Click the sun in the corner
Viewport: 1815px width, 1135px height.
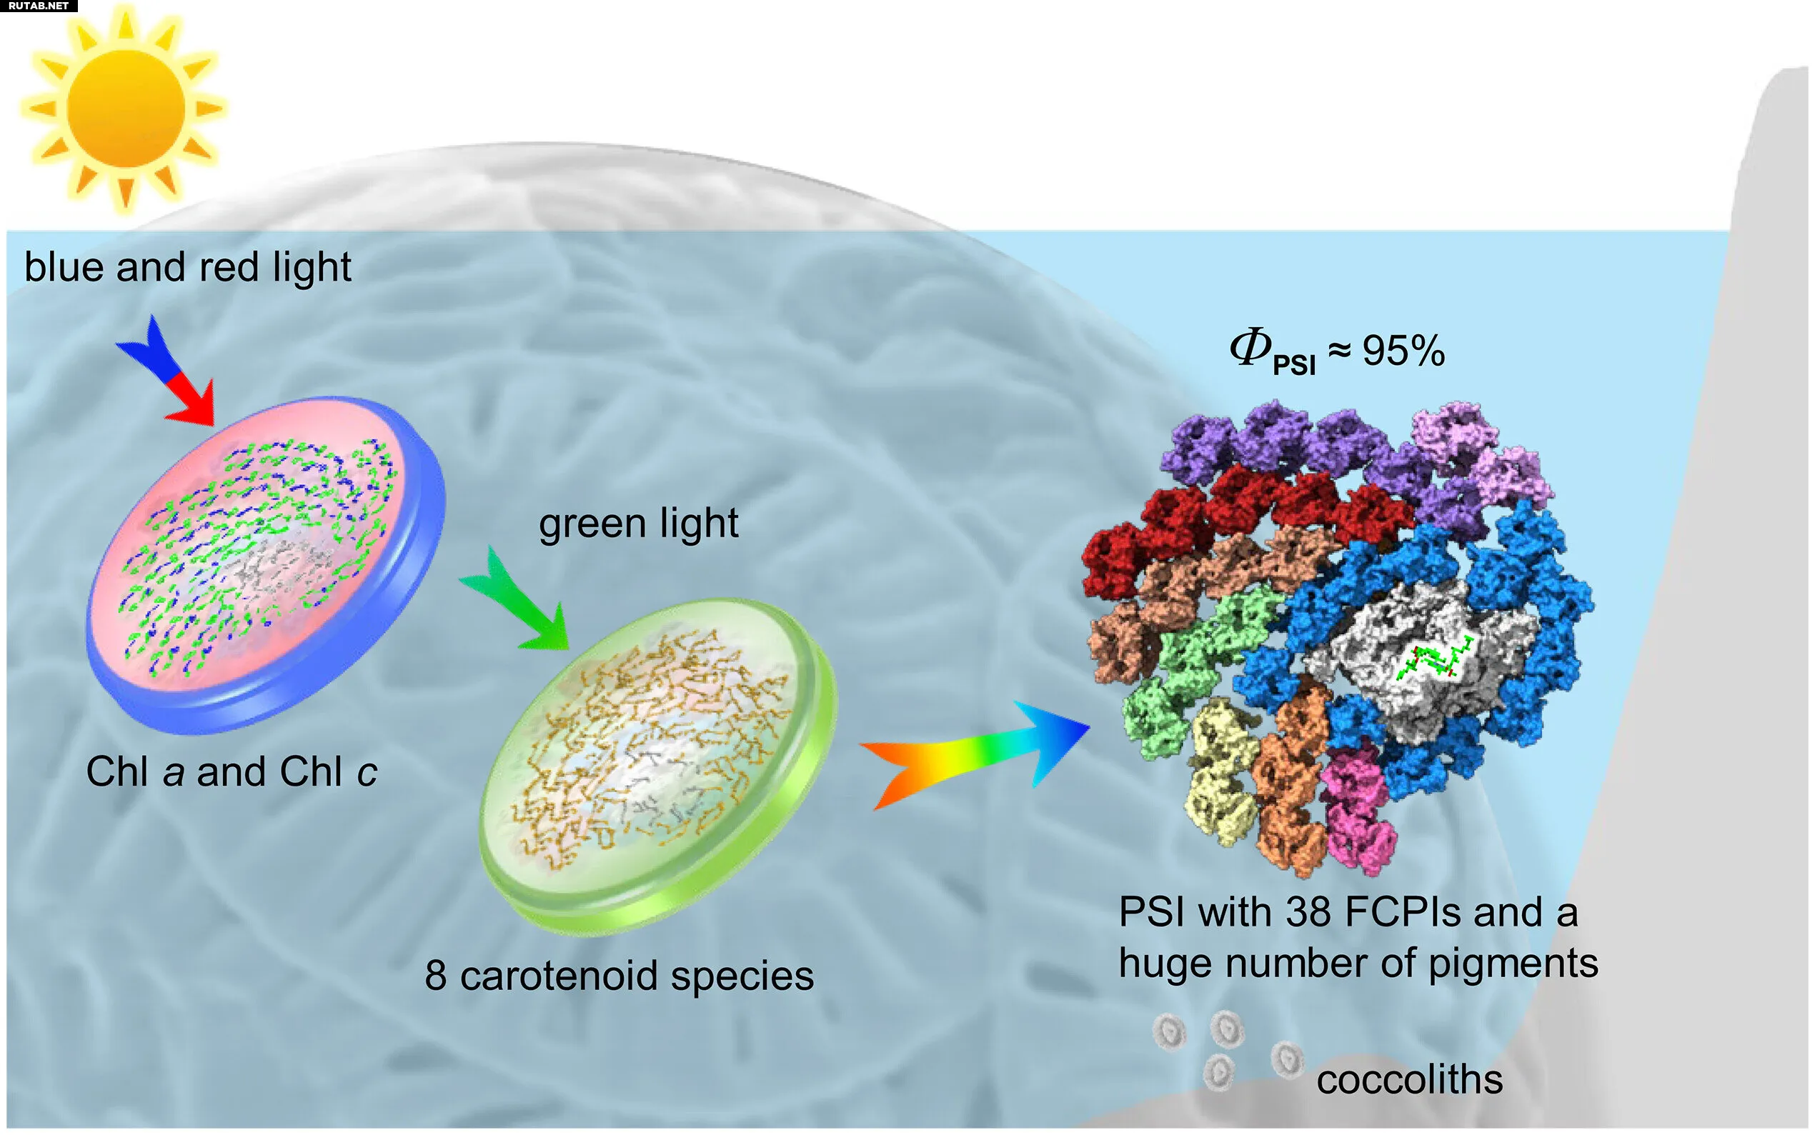[124, 110]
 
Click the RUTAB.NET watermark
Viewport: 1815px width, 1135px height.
[38, 6]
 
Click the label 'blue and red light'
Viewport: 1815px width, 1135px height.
[188, 267]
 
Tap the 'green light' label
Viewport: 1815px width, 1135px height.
[638, 523]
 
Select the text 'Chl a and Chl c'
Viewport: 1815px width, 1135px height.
[232, 771]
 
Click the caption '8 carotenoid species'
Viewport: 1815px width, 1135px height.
[619, 976]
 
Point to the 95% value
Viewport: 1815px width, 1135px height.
[1403, 351]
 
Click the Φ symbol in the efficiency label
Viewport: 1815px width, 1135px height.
[1250, 349]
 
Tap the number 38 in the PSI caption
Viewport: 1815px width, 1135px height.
[1308, 913]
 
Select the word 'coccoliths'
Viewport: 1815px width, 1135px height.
[1410, 1079]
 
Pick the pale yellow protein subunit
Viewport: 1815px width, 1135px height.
[1220, 773]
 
